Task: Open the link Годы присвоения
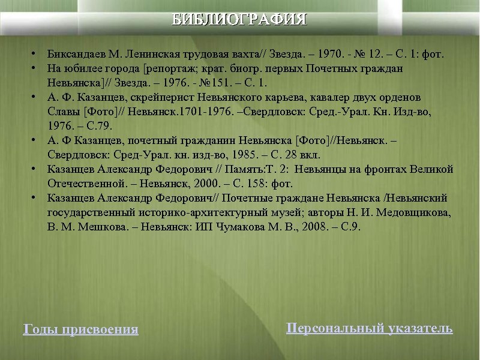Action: point(80,329)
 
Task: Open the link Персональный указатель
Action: point(370,328)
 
